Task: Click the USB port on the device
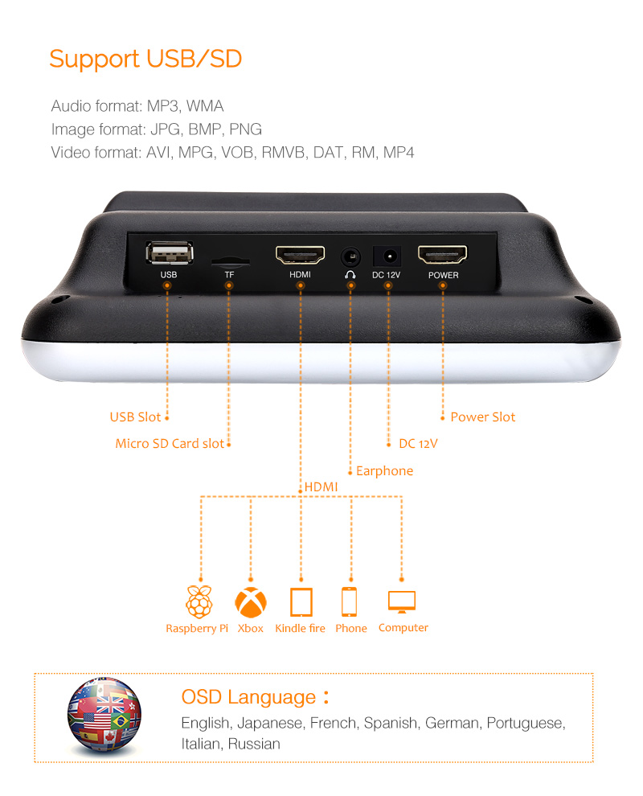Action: click(170, 252)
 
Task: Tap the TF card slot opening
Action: click(230, 262)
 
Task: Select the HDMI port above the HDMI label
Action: click(300, 255)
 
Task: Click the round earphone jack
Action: click(350, 256)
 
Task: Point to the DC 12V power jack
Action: click(387, 256)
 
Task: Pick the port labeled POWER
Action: click(442, 254)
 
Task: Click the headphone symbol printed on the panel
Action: click(350, 275)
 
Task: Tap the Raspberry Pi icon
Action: click(199, 601)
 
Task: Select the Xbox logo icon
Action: click(251, 602)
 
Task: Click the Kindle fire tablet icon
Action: click(301, 602)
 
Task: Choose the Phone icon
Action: click(349, 601)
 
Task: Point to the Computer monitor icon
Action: click(402, 601)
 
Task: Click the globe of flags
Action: click(104, 715)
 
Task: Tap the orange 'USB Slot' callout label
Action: click(135, 417)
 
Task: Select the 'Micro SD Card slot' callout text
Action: click(170, 444)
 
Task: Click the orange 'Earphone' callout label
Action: click(385, 471)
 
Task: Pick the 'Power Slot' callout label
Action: click(482, 417)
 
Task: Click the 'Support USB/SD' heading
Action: click(145, 59)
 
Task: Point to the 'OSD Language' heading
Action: click(248, 698)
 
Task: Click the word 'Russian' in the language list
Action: click(254, 745)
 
